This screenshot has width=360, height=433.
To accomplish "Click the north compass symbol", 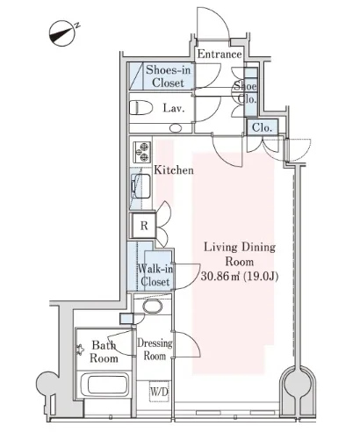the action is coord(62,33).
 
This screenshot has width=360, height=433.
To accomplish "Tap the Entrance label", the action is coord(220,54).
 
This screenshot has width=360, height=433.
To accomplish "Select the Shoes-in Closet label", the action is coord(168,76).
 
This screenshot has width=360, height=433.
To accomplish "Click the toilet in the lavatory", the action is coord(140,108).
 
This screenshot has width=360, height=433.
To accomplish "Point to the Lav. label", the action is coord(174,108).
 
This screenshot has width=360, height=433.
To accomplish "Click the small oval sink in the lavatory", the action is coord(176,128).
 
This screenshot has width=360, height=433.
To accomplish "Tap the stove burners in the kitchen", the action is coord(142,152).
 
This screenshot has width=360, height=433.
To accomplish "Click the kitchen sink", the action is coord(140,186).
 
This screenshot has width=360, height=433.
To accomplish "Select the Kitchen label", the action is coord(174,170).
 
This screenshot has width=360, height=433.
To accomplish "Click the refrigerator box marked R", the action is coord(144,226).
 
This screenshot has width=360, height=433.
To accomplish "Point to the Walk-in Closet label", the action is coord(155,275).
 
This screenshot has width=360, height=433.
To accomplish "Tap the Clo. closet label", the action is coord(262,127).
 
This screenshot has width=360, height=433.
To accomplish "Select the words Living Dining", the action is coord(240,247).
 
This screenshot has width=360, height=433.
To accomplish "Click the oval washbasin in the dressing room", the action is coord(153,307).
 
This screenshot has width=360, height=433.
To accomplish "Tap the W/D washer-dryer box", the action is coord(160,392).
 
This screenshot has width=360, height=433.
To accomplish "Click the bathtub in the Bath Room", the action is coord(104,385).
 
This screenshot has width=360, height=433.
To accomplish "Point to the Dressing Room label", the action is coord(155,350).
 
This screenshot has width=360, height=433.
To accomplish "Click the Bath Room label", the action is coord(104,351).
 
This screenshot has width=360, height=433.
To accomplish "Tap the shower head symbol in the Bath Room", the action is coord(80,350).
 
